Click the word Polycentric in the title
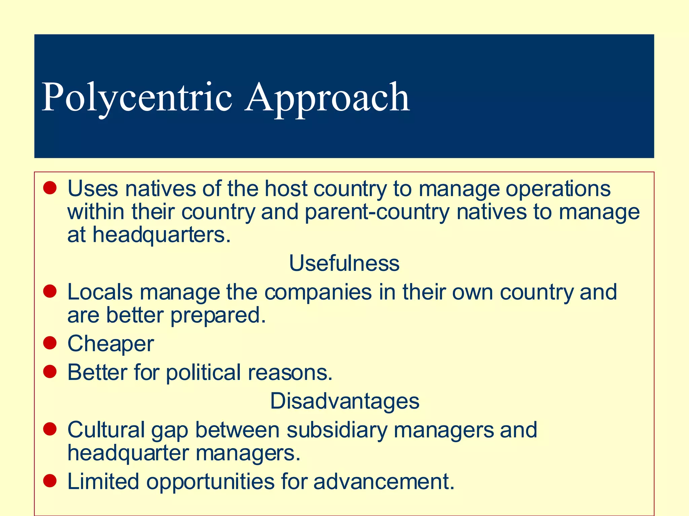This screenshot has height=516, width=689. (137, 97)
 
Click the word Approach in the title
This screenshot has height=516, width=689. (327, 97)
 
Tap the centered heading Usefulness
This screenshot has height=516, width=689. (344, 263)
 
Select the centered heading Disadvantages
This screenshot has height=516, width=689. (344, 401)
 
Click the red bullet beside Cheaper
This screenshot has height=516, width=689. (50, 343)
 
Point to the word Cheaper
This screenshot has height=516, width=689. (111, 344)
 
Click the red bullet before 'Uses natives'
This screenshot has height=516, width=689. (50, 188)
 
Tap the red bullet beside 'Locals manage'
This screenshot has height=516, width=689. (50, 291)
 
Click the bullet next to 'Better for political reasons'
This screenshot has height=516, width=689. (50, 372)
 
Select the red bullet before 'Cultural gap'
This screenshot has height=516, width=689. (50, 429)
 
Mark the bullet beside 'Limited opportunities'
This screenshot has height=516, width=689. (50, 481)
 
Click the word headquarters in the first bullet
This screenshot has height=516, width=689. (161, 234)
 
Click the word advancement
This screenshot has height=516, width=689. (384, 481)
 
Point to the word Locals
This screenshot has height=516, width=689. (100, 292)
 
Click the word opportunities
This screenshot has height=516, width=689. (210, 481)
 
